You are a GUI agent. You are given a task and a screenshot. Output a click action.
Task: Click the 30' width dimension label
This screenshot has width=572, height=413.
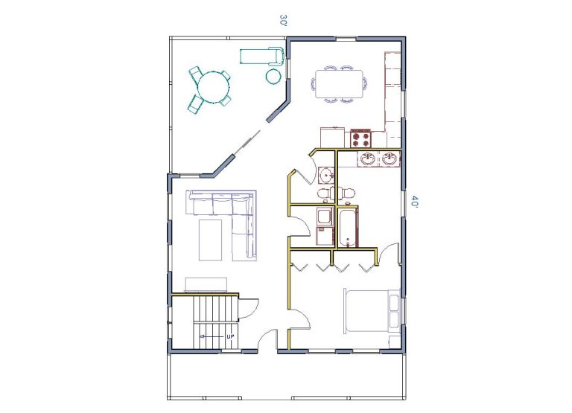(x=284, y=20)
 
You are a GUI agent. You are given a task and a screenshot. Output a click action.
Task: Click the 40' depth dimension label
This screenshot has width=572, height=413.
(x=414, y=201)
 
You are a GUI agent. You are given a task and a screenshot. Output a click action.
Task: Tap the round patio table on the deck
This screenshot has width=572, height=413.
(x=214, y=86)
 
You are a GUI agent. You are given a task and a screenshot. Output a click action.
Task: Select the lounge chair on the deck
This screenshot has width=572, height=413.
(x=261, y=56)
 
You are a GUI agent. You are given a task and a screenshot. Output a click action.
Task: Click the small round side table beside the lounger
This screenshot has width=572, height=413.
(x=273, y=76)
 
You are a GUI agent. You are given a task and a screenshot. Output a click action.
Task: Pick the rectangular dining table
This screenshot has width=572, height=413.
(x=340, y=84)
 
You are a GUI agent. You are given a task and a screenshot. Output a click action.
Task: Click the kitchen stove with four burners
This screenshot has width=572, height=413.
(x=360, y=138)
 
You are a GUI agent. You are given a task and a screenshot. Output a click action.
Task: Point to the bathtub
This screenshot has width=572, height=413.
(x=348, y=227)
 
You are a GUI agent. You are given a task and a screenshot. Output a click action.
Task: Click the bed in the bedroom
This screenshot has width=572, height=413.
(x=372, y=310)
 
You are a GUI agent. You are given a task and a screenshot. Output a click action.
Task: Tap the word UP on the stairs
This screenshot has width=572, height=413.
(x=230, y=336)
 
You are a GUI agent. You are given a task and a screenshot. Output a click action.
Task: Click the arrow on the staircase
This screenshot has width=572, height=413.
(x=211, y=336)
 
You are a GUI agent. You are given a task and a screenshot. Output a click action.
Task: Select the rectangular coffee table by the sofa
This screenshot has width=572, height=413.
(x=211, y=240)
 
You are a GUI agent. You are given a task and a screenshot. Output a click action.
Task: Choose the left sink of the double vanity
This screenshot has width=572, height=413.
(x=367, y=159)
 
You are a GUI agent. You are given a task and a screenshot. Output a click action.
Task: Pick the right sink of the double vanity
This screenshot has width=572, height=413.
(x=390, y=159)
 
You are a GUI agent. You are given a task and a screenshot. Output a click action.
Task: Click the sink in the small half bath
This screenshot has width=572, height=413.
(x=325, y=175)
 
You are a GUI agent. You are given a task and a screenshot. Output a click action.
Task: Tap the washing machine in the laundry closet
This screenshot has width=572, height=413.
(x=325, y=217)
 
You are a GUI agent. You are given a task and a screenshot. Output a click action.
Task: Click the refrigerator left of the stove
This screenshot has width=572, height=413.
(x=332, y=137)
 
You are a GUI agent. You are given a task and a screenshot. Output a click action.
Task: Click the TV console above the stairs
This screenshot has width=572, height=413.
(x=206, y=285)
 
